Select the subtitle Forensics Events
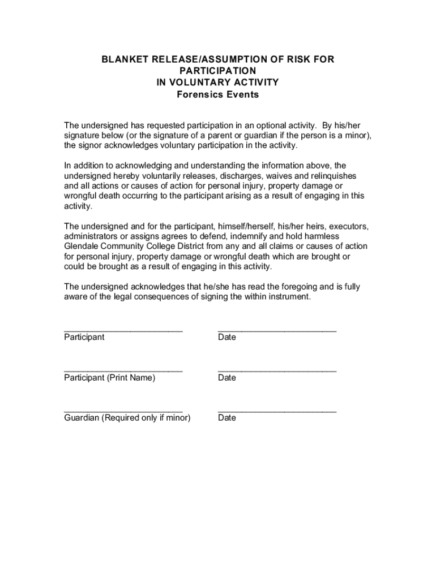[218, 94]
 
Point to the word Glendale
[82, 246]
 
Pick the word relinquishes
[332, 175]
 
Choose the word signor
[91, 145]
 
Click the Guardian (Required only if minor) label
[127, 418]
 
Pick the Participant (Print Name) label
[109, 378]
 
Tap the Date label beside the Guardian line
[227, 418]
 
